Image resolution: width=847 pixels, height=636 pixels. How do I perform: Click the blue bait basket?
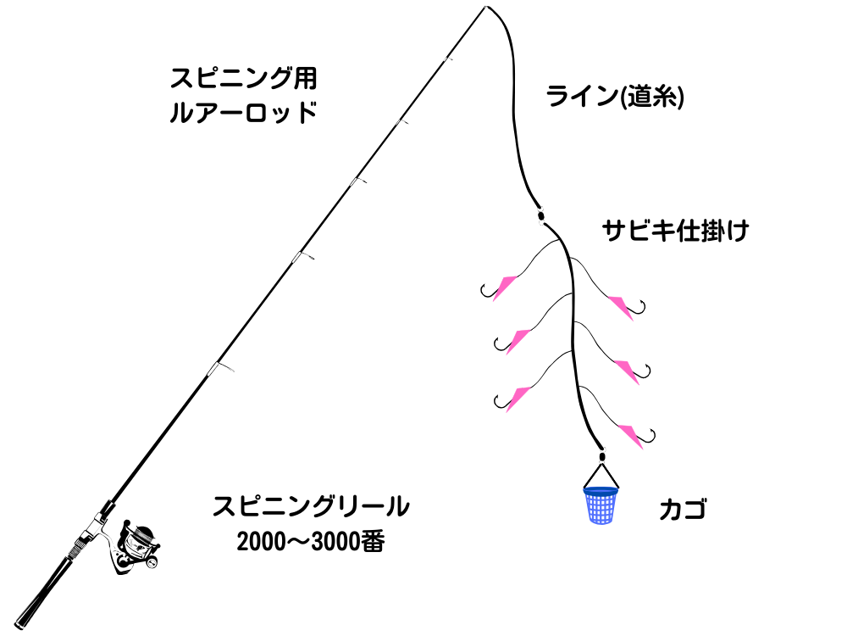pyautogui.click(x=601, y=505)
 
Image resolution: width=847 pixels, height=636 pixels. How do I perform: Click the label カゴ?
pyautogui.click(x=683, y=510)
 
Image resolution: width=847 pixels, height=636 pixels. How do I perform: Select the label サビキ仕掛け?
pyautogui.click(x=675, y=231)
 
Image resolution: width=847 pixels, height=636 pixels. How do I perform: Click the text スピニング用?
pyautogui.click(x=243, y=79)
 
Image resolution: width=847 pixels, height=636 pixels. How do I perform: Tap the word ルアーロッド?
pyautogui.click(x=243, y=113)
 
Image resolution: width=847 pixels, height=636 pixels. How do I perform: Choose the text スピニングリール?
pyautogui.click(x=311, y=507)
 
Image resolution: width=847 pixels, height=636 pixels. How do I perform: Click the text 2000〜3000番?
pyautogui.click(x=311, y=542)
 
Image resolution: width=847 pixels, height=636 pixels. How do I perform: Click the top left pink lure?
pyautogui.click(x=506, y=286)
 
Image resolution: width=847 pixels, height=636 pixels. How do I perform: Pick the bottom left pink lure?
pyautogui.click(x=516, y=395)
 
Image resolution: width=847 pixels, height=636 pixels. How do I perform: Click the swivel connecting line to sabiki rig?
pyautogui.click(x=539, y=215)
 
